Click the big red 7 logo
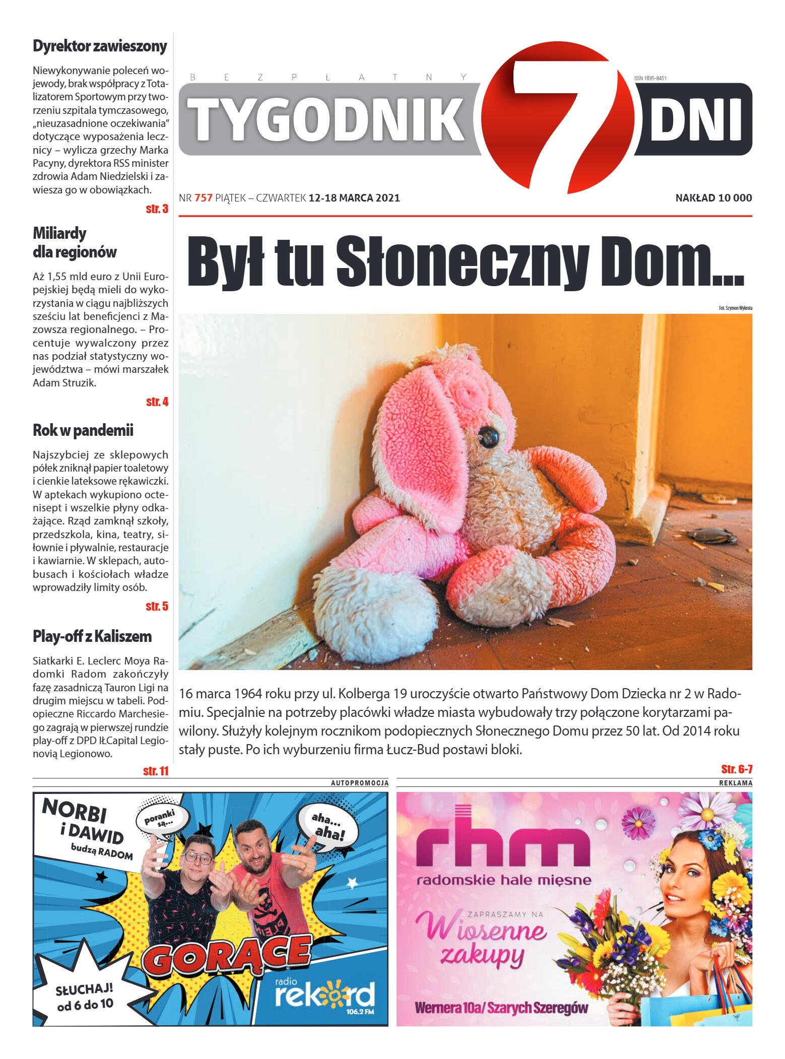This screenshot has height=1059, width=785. point(558,117)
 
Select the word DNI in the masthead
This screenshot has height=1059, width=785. point(695,119)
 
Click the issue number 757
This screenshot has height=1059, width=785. point(204,198)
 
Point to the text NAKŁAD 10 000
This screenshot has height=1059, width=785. point(713,198)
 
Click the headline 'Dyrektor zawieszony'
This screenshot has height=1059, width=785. point(100,46)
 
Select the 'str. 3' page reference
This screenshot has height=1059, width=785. point(157,209)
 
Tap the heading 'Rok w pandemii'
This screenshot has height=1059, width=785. point(83,430)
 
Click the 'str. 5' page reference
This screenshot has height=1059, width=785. point(157,606)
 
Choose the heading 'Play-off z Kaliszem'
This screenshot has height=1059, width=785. point(92,636)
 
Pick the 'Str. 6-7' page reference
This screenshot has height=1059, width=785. point(736,769)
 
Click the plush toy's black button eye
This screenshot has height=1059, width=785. point(488,436)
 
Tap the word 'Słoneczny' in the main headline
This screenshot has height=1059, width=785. point(462,262)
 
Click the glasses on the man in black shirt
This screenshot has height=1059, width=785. point(199,857)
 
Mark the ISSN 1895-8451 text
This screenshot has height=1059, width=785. point(650,78)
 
